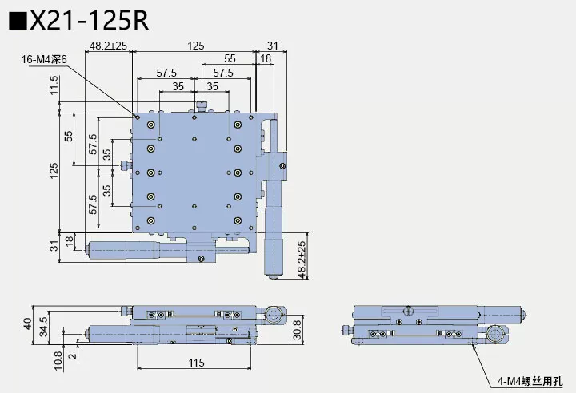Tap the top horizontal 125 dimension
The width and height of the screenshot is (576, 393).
[194, 46]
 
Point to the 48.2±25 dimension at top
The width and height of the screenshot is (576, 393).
[109, 46]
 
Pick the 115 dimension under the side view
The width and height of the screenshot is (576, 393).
[194, 363]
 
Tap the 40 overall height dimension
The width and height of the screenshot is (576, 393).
[27, 324]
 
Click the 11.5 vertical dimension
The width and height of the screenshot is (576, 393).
[54, 84]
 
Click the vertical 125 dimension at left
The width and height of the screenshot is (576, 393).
[54, 171]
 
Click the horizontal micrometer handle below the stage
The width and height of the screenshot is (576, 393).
[128, 249]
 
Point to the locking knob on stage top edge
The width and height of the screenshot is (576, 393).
[203, 105]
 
